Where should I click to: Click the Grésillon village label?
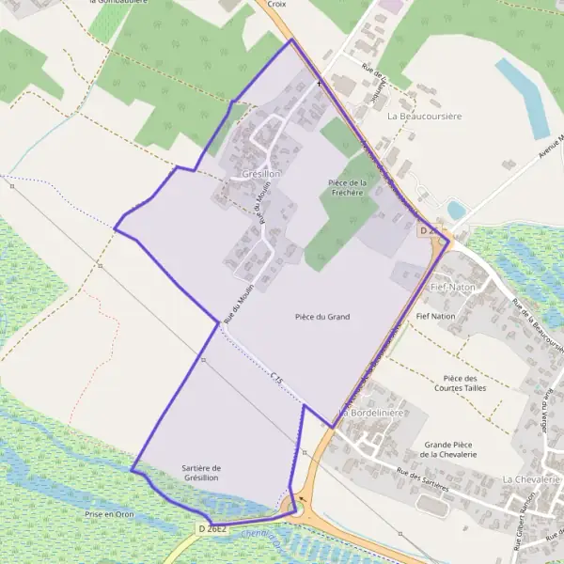[261, 175]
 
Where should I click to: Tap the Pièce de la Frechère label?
[346, 187]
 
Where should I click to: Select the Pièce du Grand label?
[321, 317]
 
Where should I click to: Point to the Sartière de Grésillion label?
[202, 473]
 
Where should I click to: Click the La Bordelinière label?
[371, 413]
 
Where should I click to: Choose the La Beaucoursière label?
[425, 116]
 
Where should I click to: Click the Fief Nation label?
[435, 317]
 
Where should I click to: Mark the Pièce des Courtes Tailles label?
[462, 383]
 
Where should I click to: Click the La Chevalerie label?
[531, 479]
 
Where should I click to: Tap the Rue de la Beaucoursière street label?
[539, 324]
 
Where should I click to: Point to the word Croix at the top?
[275, 4]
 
